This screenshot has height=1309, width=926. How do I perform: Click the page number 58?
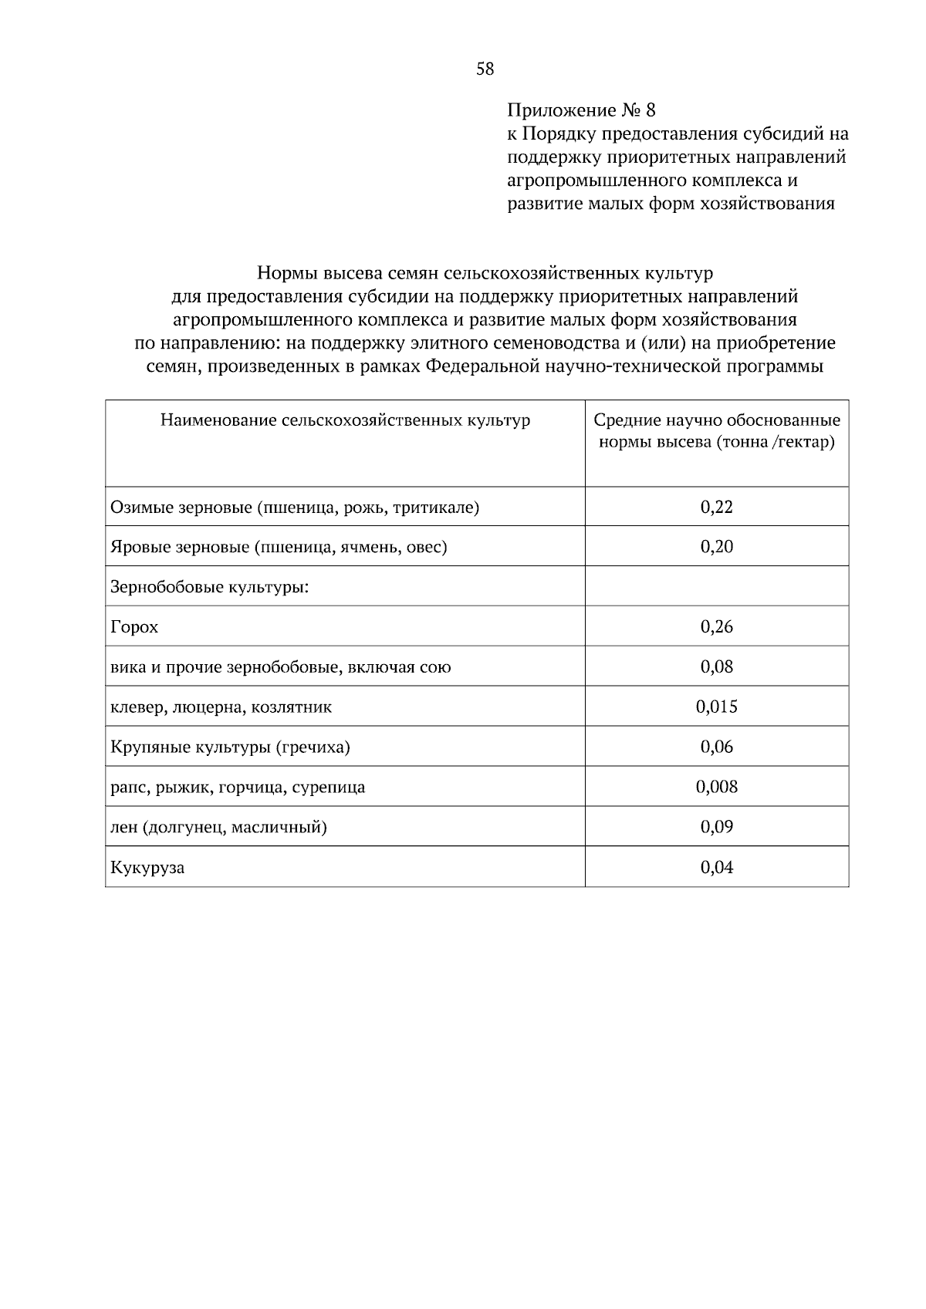coord(485,69)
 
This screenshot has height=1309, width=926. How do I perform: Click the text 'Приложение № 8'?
coord(581,110)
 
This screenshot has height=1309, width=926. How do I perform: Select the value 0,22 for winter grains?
coord(716,507)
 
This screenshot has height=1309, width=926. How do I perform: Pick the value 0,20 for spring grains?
coord(716,547)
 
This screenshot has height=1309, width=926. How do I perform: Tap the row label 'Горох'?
coord(134,627)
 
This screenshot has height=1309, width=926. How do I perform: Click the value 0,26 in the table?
coord(716,626)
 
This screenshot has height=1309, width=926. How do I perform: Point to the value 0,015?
coord(716,707)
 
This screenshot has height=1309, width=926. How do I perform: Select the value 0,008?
coord(716,787)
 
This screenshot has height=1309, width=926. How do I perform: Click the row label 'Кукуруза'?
coord(147,868)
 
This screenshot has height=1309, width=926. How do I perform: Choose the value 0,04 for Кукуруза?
coord(716,867)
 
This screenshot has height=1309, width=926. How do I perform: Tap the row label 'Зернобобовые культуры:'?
coord(209,587)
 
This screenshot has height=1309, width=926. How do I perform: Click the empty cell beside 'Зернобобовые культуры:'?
coord(716,586)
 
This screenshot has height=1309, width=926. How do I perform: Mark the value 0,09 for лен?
coord(716,827)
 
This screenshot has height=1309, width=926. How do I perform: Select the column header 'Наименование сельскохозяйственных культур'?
coord(345,420)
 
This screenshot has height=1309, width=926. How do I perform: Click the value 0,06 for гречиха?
coord(716,747)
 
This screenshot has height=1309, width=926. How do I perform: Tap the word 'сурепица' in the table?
coord(329,788)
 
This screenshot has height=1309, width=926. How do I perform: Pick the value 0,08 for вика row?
coord(716,666)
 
